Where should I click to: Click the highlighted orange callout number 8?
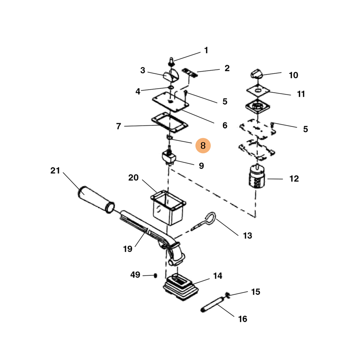203,145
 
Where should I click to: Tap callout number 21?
55,171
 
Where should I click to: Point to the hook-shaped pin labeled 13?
207,222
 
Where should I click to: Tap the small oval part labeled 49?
155,275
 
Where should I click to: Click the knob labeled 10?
258,74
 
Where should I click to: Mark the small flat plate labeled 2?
190,73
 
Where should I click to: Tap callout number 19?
128,248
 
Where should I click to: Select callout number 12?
293,179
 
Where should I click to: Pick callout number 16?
243,319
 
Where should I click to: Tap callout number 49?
135,274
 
